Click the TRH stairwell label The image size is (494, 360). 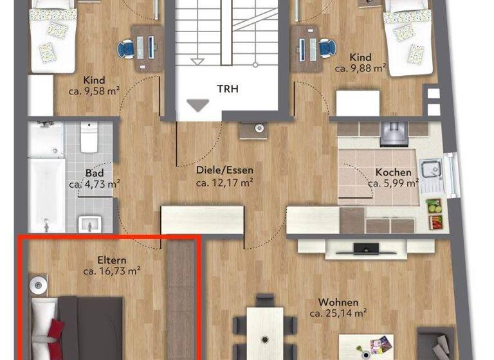click(x=228, y=89)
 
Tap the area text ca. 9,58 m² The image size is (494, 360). click(x=95, y=91)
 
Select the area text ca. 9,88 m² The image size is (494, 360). click(x=360, y=67)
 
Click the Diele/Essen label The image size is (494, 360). click(x=224, y=170)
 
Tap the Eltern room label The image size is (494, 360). click(x=111, y=260)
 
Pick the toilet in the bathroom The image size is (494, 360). click(x=88, y=138)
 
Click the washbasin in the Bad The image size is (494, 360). click(x=88, y=224)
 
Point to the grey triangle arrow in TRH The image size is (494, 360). click(x=197, y=105)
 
